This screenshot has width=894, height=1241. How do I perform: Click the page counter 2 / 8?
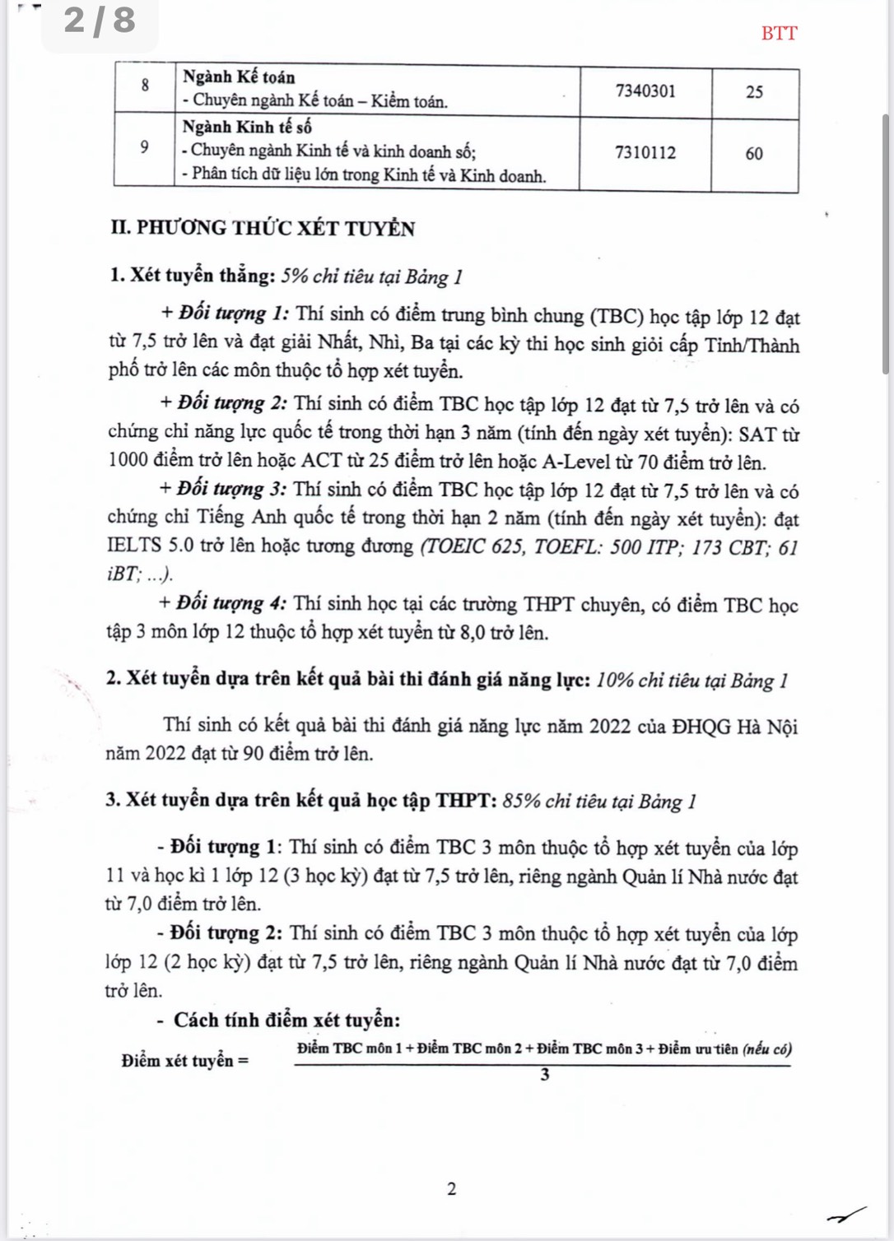[100, 21]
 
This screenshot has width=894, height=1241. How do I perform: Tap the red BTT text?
[779, 34]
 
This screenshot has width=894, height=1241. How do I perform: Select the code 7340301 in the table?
[645, 91]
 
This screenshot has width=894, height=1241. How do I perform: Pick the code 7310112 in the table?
[645, 153]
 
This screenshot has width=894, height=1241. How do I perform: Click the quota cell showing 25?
[754, 92]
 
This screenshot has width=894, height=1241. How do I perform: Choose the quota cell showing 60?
[754, 154]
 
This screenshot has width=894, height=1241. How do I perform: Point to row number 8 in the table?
[145, 86]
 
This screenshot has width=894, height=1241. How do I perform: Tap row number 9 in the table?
[145, 148]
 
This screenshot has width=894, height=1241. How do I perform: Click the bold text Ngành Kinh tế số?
[247, 128]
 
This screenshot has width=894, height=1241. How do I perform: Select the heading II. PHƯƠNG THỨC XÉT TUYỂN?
[263, 229]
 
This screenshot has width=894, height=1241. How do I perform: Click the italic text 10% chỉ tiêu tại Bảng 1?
[692, 681]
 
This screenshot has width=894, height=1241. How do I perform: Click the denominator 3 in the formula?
[544, 1076]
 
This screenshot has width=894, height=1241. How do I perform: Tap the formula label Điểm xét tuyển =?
[185, 1061]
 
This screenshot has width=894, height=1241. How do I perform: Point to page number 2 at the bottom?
[451, 1188]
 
